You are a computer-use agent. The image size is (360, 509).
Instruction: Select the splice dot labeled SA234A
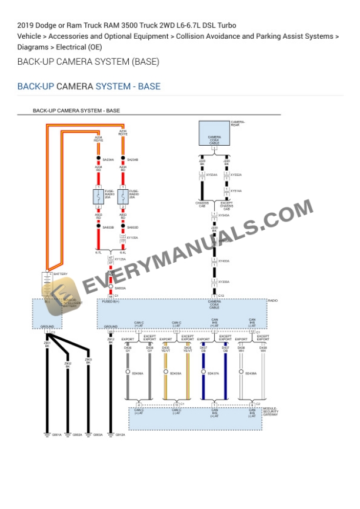pos(98,159)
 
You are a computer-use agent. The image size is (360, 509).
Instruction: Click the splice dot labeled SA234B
pos(122,159)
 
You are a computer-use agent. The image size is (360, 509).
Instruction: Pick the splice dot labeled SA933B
pos(98,227)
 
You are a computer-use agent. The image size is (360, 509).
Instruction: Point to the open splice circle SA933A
pos(111,288)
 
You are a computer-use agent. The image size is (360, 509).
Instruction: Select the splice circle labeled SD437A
pos(203,373)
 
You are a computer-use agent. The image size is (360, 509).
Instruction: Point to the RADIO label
pos(272,300)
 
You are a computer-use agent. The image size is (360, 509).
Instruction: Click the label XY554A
pos(211,175)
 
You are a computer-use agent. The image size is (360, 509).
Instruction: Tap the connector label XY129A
pos(119,259)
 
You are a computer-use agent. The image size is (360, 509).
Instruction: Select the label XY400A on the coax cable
pos(224,261)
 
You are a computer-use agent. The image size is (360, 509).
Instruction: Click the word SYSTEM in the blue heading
pos(115,86)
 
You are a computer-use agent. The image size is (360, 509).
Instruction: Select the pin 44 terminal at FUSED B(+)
pos(111,296)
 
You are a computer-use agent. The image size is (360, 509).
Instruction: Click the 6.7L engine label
pos(99,253)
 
